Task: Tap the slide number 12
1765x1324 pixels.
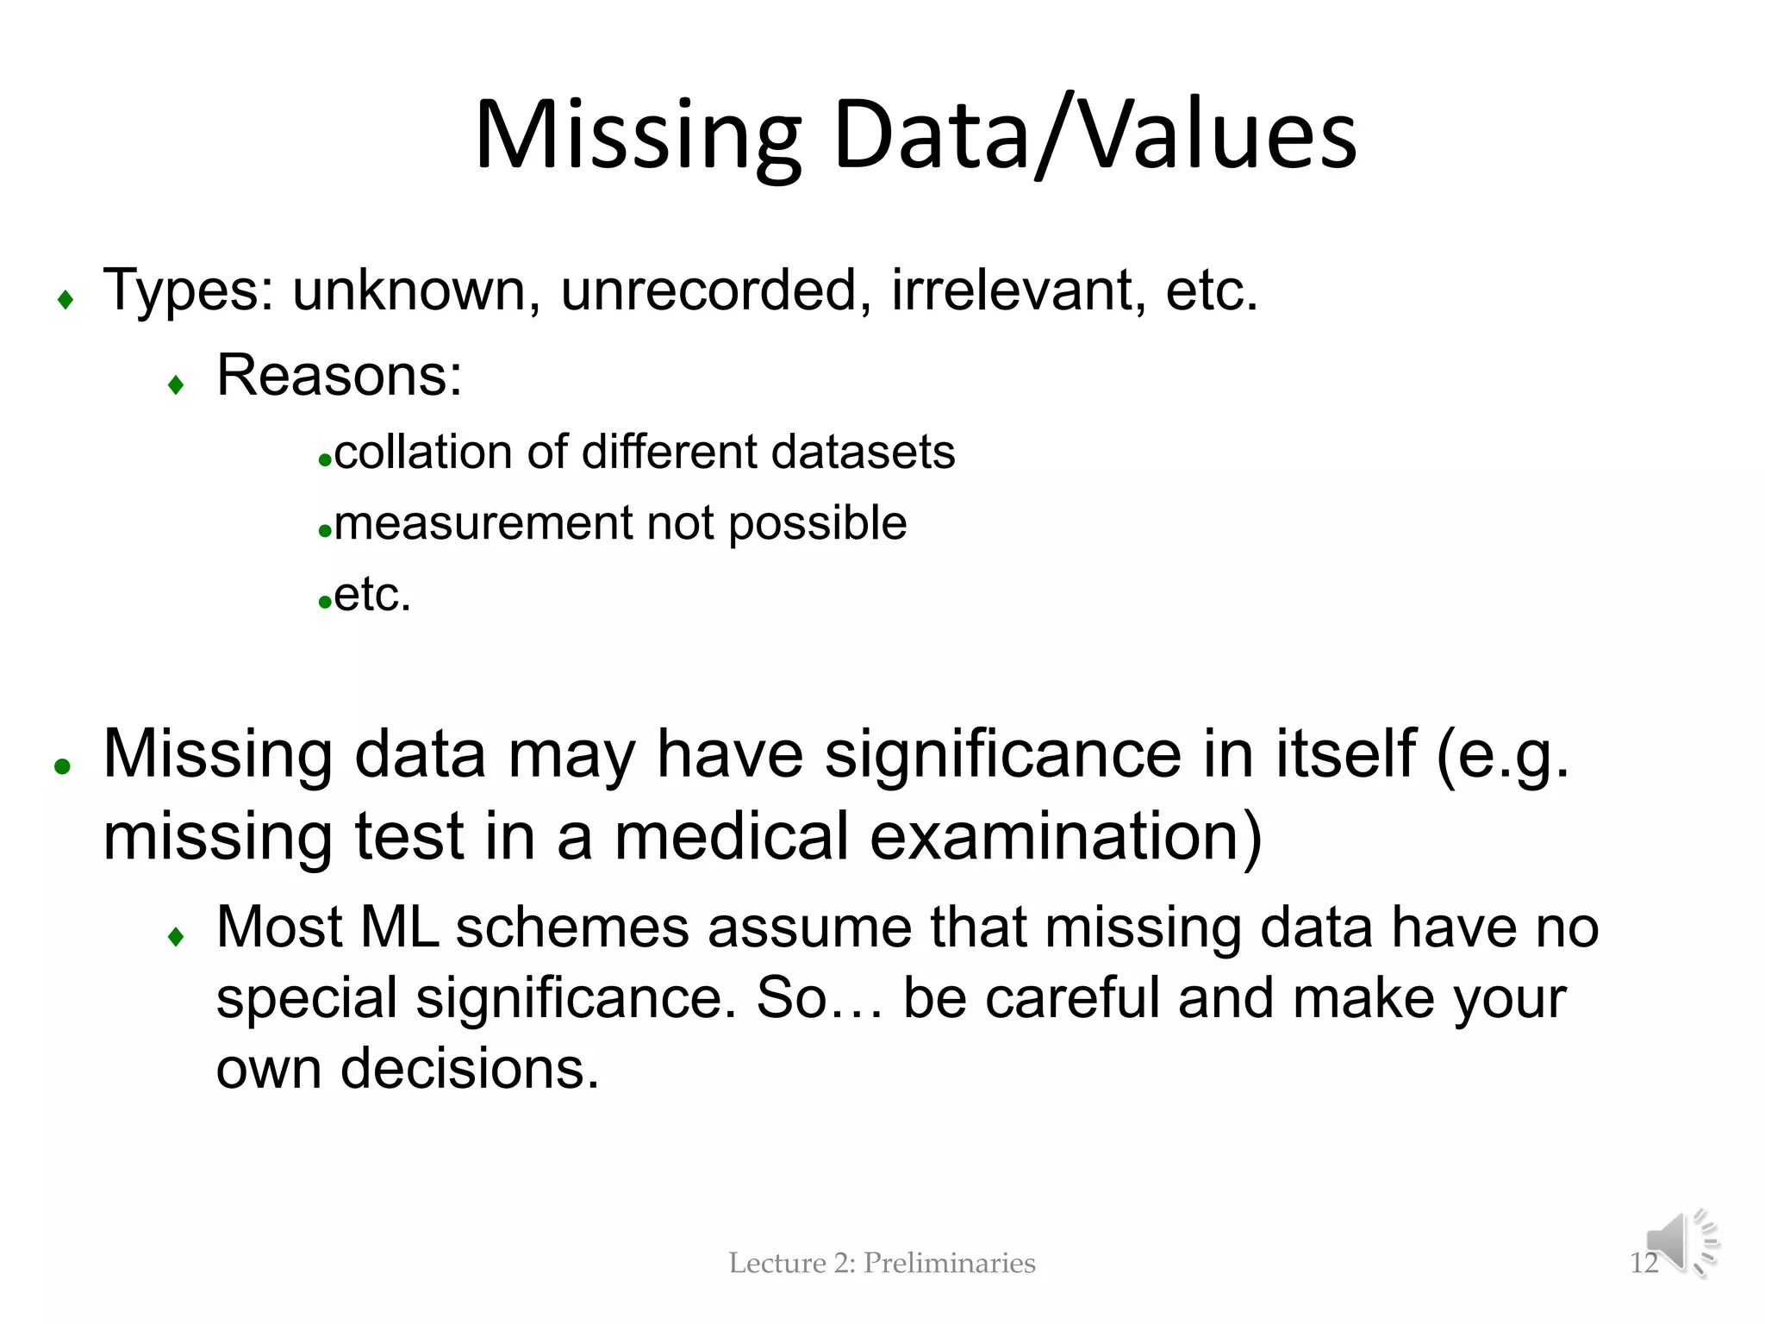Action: click(x=1643, y=1264)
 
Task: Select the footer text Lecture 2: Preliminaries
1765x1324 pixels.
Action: click(x=882, y=1264)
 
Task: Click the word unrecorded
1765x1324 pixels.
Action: click(x=709, y=290)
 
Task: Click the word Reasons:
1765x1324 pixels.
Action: click(x=340, y=376)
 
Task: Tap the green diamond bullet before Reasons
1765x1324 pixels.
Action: click(x=177, y=384)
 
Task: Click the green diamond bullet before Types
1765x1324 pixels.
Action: click(x=65, y=300)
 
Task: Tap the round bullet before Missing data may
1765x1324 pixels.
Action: click(x=62, y=765)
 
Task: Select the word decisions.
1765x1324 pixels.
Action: click(x=469, y=1070)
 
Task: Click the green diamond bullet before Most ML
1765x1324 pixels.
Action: click(x=177, y=936)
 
